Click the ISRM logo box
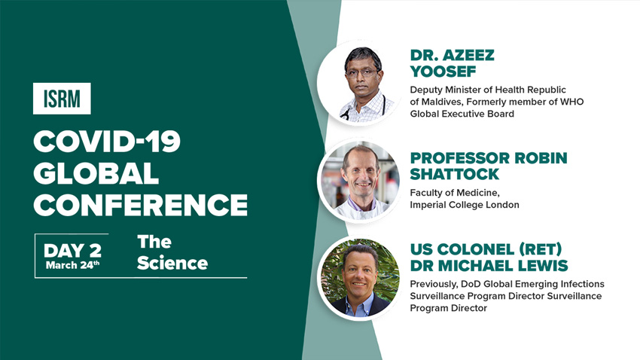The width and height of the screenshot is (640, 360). tap(62, 99)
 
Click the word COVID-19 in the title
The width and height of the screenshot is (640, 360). tap(107, 142)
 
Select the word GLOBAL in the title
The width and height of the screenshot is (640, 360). tap(96, 173)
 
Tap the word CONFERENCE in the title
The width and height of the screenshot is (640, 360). tap(141, 205)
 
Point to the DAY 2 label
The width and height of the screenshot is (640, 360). tap(72, 250)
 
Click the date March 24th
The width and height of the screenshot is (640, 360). tap(72, 265)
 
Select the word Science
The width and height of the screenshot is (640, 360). tap(172, 263)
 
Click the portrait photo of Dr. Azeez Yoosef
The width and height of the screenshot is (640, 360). tap(358, 83)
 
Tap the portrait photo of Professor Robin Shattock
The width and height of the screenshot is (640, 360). tap(358, 181)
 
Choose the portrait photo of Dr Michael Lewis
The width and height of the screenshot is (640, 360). tap(358, 278)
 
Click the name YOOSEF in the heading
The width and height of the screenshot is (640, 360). tap(443, 72)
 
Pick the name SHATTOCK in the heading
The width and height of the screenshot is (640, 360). tap(454, 174)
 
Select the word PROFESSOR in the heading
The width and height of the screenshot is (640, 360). tap(459, 158)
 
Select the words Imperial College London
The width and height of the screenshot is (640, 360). tap(465, 205)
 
